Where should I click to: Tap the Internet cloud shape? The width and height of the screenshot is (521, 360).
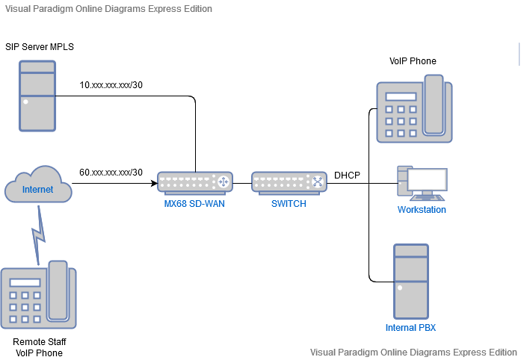[38, 190]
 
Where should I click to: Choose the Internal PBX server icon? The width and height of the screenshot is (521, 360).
[411, 281]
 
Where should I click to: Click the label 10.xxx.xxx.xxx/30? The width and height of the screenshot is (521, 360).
[111, 84]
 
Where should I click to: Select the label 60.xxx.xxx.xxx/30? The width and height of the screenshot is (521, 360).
[111, 173]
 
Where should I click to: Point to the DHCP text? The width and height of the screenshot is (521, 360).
[347, 175]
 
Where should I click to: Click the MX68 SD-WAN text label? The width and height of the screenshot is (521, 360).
[194, 204]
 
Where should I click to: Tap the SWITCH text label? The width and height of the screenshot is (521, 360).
[289, 204]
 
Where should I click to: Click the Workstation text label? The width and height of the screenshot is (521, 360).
[422, 210]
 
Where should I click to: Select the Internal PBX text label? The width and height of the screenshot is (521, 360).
[411, 328]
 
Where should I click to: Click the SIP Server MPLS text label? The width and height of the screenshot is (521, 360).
[40, 47]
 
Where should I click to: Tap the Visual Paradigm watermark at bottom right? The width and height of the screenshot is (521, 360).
[413, 352]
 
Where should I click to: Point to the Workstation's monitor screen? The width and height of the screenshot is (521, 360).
[428, 180]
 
